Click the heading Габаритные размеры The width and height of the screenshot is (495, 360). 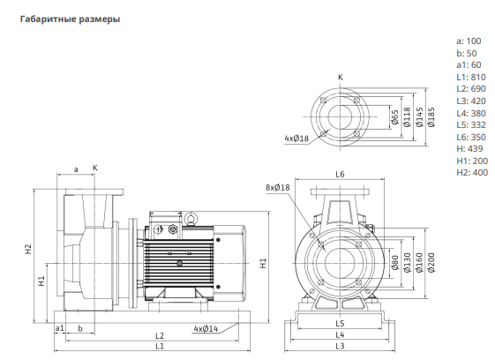coord(70,19)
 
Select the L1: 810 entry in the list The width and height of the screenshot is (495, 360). coord(471,78)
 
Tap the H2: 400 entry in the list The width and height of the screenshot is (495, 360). coord(472,173)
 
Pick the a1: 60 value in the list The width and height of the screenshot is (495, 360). coord(469,65)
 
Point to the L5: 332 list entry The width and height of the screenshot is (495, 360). coord(471,125)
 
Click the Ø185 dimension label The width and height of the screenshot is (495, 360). coord(431,117)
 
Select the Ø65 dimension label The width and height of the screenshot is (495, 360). coord(395,117)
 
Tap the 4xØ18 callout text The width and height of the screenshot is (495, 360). coord(296,139)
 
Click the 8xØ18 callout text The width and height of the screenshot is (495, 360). coord(277,188)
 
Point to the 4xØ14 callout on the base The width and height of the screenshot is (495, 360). coord(206,329)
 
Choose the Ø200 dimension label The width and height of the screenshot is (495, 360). coord(431,262)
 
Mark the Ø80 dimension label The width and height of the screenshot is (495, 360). coord(395,263)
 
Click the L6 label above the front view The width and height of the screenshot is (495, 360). coord(340,175)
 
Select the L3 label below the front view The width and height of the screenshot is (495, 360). coord(340,346)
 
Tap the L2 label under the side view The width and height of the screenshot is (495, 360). coord(160,335)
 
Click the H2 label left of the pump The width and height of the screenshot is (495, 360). coord(29,249)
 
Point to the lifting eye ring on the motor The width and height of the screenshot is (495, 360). coord(190,218)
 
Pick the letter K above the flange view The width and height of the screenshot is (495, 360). coord(341,77)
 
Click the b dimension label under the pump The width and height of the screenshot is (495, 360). coord(80,329)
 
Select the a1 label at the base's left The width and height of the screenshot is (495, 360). coord(59,328)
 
